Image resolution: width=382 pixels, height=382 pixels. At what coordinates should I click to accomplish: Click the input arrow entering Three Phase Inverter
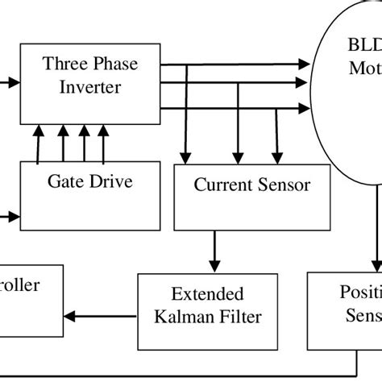point(10,81)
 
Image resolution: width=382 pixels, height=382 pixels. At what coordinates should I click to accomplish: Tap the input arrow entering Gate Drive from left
point(10,216)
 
